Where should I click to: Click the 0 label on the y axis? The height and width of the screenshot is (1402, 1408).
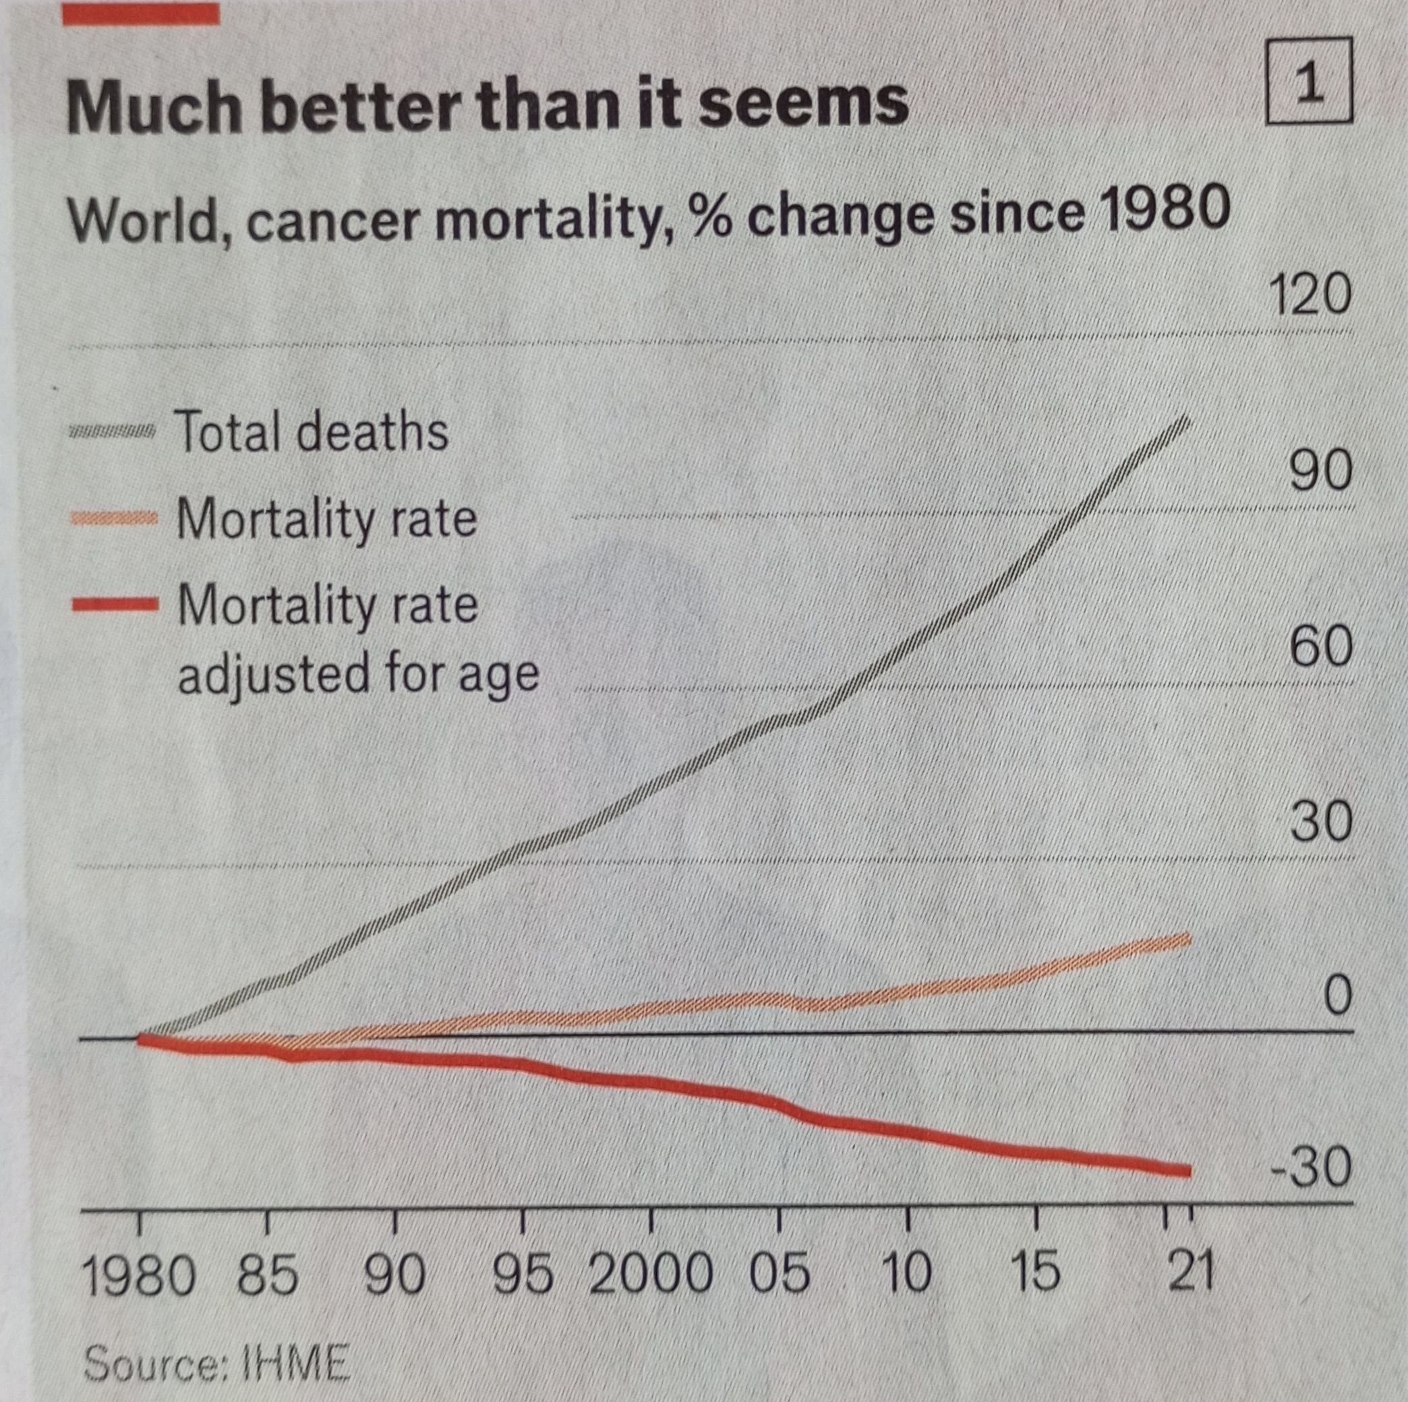click(x=1337, y=995)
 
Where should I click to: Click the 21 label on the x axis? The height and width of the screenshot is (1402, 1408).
click(x=1191, y=1272)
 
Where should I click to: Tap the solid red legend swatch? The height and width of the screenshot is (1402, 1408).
click(x=115, y=604)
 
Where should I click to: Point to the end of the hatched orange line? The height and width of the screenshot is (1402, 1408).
click(x=1188, y=939)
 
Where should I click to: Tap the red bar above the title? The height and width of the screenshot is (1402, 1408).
click(x=141, y=12)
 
